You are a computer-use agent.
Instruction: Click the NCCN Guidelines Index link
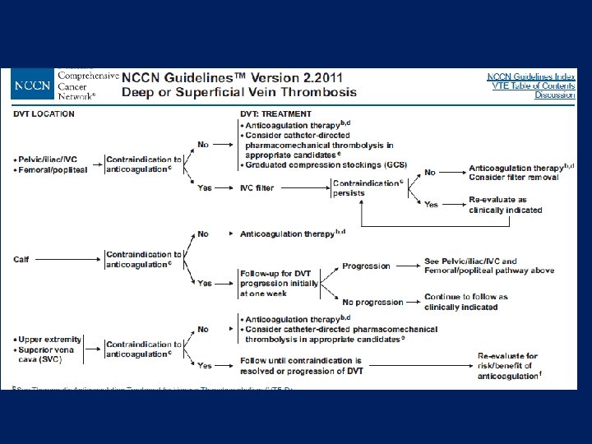(x=530, y=76)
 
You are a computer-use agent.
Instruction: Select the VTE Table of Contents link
(x=534, y=86)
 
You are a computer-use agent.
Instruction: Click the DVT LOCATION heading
(x=44, y=113)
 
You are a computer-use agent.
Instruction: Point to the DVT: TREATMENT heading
(x=275, y=113)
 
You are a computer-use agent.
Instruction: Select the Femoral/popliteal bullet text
(x=52, y=168)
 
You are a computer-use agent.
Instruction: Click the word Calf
(x=21, y=260)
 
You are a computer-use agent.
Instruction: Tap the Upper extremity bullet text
(x=48, y=339)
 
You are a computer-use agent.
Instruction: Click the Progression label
(x=366, y=266)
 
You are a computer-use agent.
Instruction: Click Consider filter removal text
(x=514, y=177)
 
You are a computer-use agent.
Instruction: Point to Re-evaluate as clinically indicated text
(x=506, y=205)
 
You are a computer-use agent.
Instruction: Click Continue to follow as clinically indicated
(x=465, y=302)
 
